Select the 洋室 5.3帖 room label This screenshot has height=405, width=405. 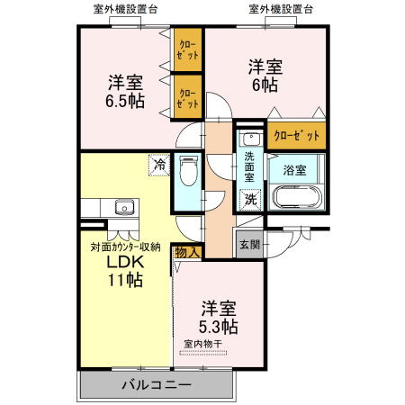click(219, 316)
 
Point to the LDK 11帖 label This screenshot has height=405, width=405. click(125, 270)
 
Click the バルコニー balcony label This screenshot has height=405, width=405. click(157, 384)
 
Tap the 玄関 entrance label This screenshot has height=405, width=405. click(249, 244)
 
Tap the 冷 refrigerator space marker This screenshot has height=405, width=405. click(158, 165)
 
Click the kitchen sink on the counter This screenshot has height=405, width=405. click(123, 209)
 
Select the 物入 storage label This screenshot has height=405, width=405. click(185, 252)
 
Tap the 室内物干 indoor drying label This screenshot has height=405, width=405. click(203, 344)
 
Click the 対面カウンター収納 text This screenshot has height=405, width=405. click(125, 246)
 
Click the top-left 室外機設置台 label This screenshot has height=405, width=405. click(125, 9)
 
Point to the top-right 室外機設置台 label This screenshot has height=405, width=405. click(282, 9)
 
